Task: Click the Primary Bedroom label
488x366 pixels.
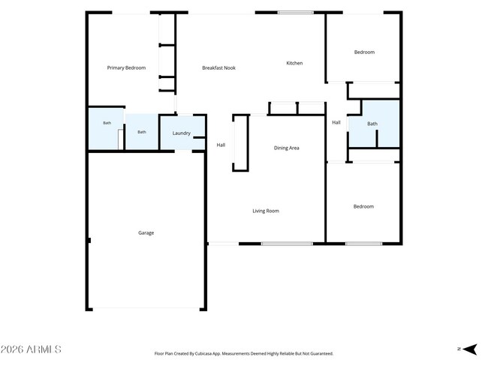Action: [126, 67]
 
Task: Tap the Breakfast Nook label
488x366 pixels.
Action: [218, 67]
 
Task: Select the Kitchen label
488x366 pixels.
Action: [294, 63]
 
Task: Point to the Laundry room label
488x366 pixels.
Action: [182, 133]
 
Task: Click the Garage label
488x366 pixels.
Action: [146, 233]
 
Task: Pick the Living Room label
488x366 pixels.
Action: [266, 211]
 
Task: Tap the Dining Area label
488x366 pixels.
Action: [286, 148]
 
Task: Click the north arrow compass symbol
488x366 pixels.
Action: [470, 349]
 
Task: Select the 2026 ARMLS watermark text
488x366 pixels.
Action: [31, 349]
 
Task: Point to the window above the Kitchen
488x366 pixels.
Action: [296, 13]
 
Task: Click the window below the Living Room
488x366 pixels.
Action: [287, 244]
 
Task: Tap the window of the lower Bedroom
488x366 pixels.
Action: [363, 244]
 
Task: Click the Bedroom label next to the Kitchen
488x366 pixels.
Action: [364, 52]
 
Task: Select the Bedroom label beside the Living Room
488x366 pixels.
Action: [363, 206]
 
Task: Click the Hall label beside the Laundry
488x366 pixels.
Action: [221, 145]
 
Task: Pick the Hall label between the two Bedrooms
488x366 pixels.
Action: [336, 122]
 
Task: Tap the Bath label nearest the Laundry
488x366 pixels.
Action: [142, 132]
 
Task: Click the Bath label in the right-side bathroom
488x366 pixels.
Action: [372, 124]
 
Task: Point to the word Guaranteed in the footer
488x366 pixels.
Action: [324, 353]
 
